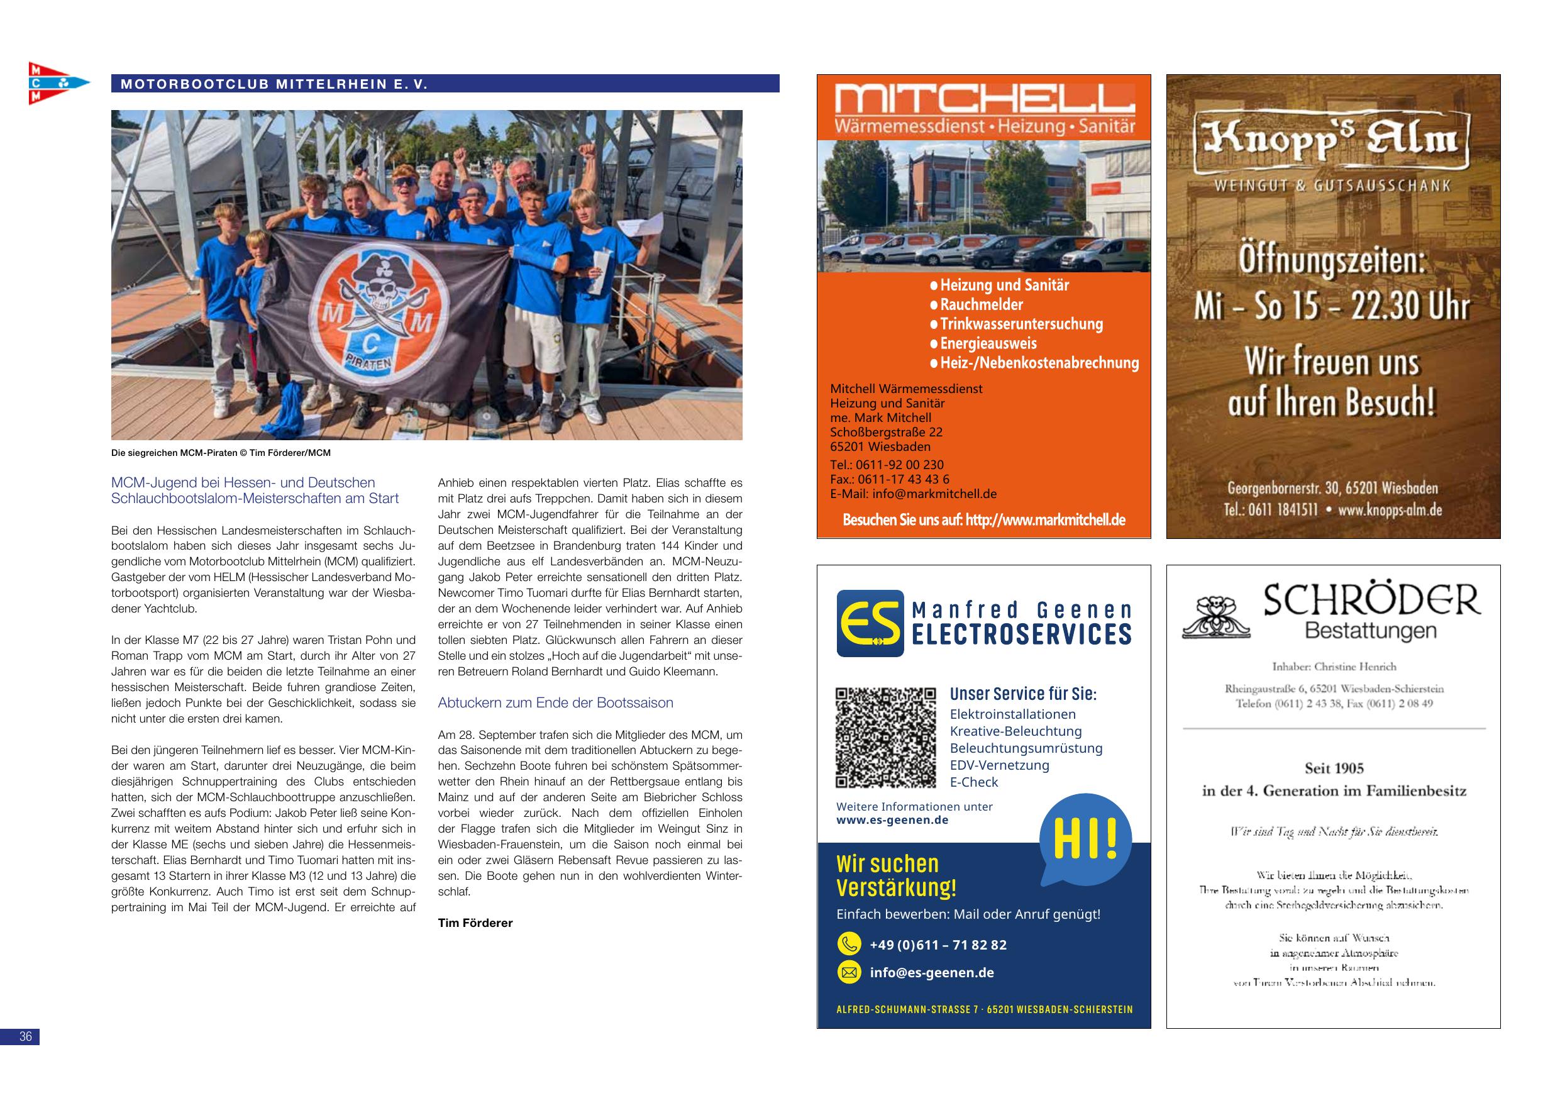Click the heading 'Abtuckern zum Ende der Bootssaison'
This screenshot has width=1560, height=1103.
click(555, 702)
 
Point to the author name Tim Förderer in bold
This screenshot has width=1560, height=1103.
click(475, 923)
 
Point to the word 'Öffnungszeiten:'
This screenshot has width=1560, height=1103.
click(1332, 262)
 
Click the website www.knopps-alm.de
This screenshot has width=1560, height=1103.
click(1390, 510)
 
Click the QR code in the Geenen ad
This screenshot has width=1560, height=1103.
click(885, 738)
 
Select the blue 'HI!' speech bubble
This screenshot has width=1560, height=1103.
click(1085, 839)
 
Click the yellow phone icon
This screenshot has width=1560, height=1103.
click(848, 944)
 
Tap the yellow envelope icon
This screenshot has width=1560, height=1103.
click(848, 973)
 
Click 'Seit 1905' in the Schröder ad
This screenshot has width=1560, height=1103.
click(1334, 768)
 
